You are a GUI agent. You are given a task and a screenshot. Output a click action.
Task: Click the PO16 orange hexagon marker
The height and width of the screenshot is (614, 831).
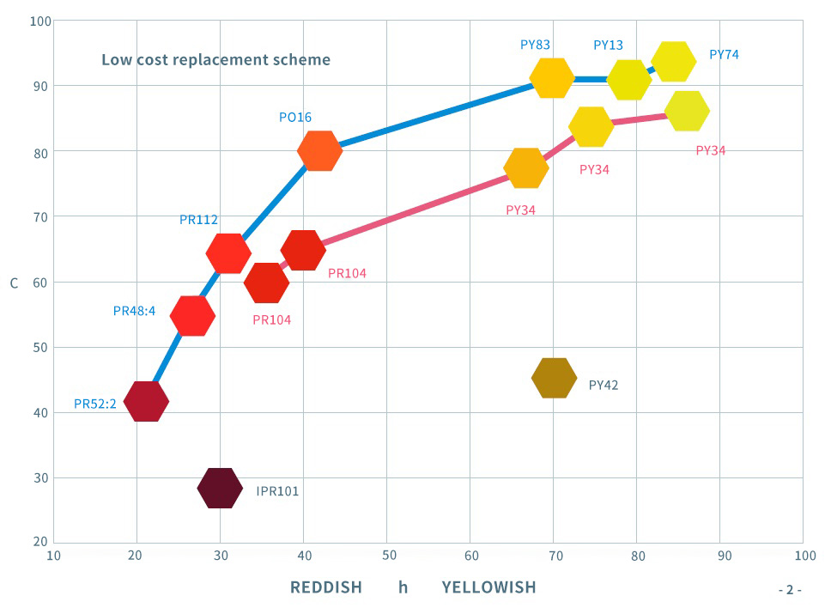coord(319,151)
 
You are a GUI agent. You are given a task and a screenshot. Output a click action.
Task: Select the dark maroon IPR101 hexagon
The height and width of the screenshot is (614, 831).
coord(220,489)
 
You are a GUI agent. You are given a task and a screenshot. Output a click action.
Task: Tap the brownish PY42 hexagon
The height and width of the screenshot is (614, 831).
coord(554,378)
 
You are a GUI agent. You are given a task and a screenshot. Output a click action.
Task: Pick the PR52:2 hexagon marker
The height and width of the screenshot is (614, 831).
coord(146,401)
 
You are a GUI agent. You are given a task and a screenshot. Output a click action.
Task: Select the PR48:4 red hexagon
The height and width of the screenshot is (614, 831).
coord(192,316)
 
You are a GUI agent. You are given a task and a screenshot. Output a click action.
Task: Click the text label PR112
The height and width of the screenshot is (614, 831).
coord(198,220)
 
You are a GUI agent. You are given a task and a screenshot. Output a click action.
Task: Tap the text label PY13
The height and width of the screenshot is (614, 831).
coord(608,45)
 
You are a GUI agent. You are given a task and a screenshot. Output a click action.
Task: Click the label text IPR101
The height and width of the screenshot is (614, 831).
coord(277,491)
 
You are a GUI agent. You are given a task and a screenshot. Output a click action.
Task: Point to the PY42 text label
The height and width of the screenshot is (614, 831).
coord(604,385)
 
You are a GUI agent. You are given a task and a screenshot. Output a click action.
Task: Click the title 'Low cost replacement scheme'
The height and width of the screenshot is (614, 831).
coord(215,60)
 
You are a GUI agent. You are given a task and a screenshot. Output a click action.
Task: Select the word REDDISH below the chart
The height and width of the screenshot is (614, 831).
coord(325,587)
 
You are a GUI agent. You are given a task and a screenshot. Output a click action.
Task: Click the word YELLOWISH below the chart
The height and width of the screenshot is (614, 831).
coord(488,587)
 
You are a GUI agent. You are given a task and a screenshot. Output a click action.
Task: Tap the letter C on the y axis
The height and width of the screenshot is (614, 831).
coord(14,283)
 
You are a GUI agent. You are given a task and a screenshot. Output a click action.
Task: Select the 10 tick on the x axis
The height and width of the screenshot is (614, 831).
coord(53,556)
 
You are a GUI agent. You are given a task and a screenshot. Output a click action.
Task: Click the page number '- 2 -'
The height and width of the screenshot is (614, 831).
coord(789,590)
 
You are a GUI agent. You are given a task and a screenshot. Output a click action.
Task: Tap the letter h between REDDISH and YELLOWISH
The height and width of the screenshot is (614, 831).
coord(403,587)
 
